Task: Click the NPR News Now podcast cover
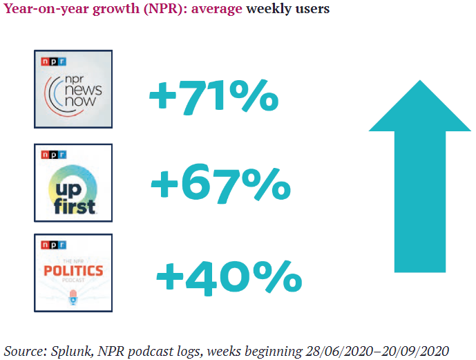(x=73, y=89)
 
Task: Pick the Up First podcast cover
(x=73, y=182)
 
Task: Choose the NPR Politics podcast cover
(x=73, y=272)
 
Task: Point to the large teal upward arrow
(x=419, y=173)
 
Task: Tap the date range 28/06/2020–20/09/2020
(x=377, y=350)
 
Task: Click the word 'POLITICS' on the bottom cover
(x=73, y=270)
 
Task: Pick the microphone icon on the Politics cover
(x=73, y=297)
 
